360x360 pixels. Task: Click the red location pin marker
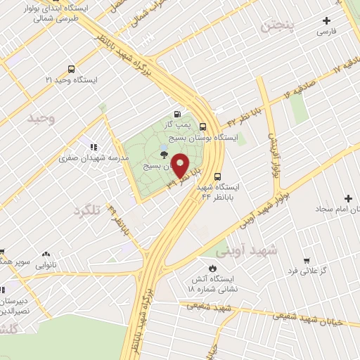[x=180, y=165]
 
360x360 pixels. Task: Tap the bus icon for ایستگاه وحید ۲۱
[x=71, y=69]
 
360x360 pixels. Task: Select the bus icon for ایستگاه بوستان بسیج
[x=202, y=127]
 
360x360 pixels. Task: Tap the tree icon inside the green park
[x=164, y=155]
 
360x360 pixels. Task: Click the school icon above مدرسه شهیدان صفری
[x=92, y=146]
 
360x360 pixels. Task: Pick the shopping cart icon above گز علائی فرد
[x=306, y=259]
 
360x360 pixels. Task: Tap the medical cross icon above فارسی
[x=325, y=20]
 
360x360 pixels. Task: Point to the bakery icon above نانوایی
[x=46, y=254]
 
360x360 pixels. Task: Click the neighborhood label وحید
[x=41, y=118]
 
